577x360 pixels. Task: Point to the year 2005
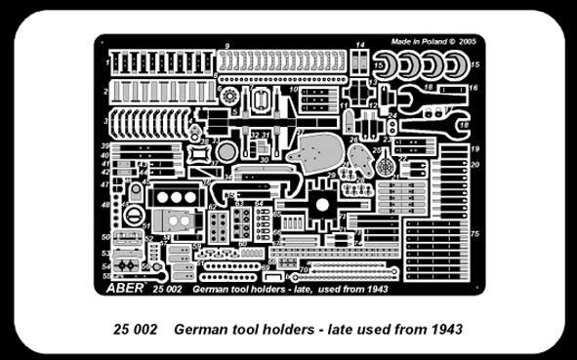point(468,43)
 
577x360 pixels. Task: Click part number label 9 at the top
point(227,46)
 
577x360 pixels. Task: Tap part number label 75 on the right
point(474,235)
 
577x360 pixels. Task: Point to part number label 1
point(104,59)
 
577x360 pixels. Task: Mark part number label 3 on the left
point(104,122)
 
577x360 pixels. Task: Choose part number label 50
point(104,237)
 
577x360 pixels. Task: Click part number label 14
point(359,46)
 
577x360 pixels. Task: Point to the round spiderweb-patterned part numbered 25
point(389,168)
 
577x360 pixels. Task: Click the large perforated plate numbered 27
point(320,154)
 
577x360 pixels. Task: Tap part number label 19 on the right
point(474,148)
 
